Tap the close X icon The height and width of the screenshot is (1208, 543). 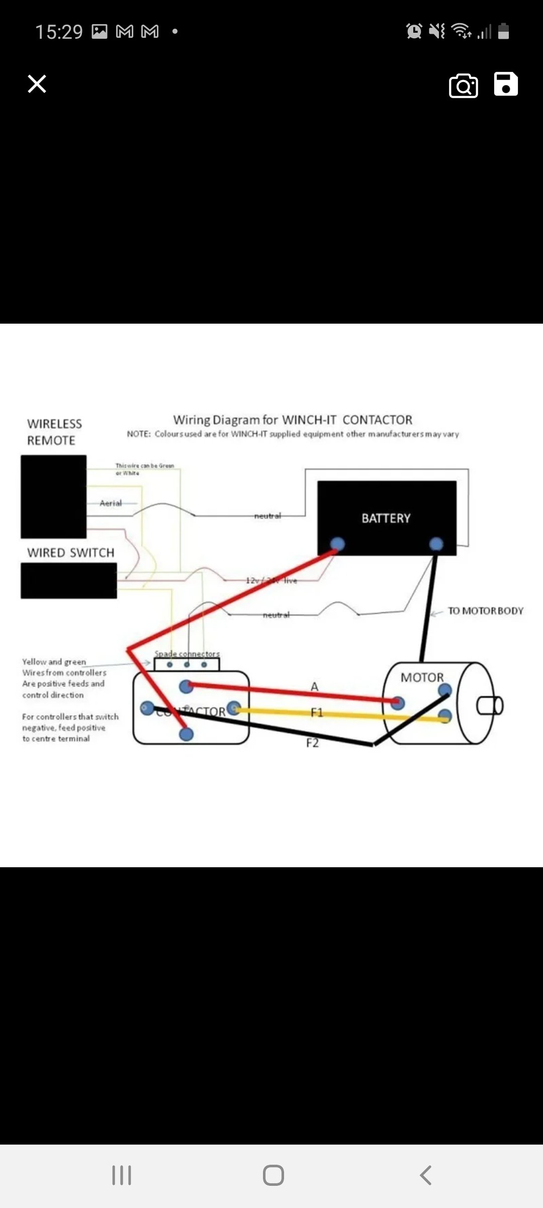[37, 84]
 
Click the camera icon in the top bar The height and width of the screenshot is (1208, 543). [463, 86]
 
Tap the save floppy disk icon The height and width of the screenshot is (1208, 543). [505, 84]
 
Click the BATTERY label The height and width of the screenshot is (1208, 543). [386, 518]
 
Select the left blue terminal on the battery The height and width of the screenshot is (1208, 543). [337, 544]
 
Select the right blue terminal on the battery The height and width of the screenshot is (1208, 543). [436, 544]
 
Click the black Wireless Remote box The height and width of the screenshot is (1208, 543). [53, 496]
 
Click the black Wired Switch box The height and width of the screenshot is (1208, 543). [68, 580]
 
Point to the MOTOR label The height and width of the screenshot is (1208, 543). [422, 677]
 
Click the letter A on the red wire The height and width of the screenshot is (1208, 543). [315, 687]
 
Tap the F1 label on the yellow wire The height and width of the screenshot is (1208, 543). [316, 712]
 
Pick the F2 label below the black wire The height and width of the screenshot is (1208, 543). [312, 743]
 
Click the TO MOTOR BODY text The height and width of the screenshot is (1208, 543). [485, 611]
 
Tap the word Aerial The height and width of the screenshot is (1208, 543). [111, 503]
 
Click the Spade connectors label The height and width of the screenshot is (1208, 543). [187, 654]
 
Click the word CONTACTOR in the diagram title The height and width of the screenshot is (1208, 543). [377, 420]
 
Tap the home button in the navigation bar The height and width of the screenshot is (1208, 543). [273, 1175]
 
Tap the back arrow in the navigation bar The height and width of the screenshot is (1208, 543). [425, 1175]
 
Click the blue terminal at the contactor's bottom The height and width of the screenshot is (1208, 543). [186, 734]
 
